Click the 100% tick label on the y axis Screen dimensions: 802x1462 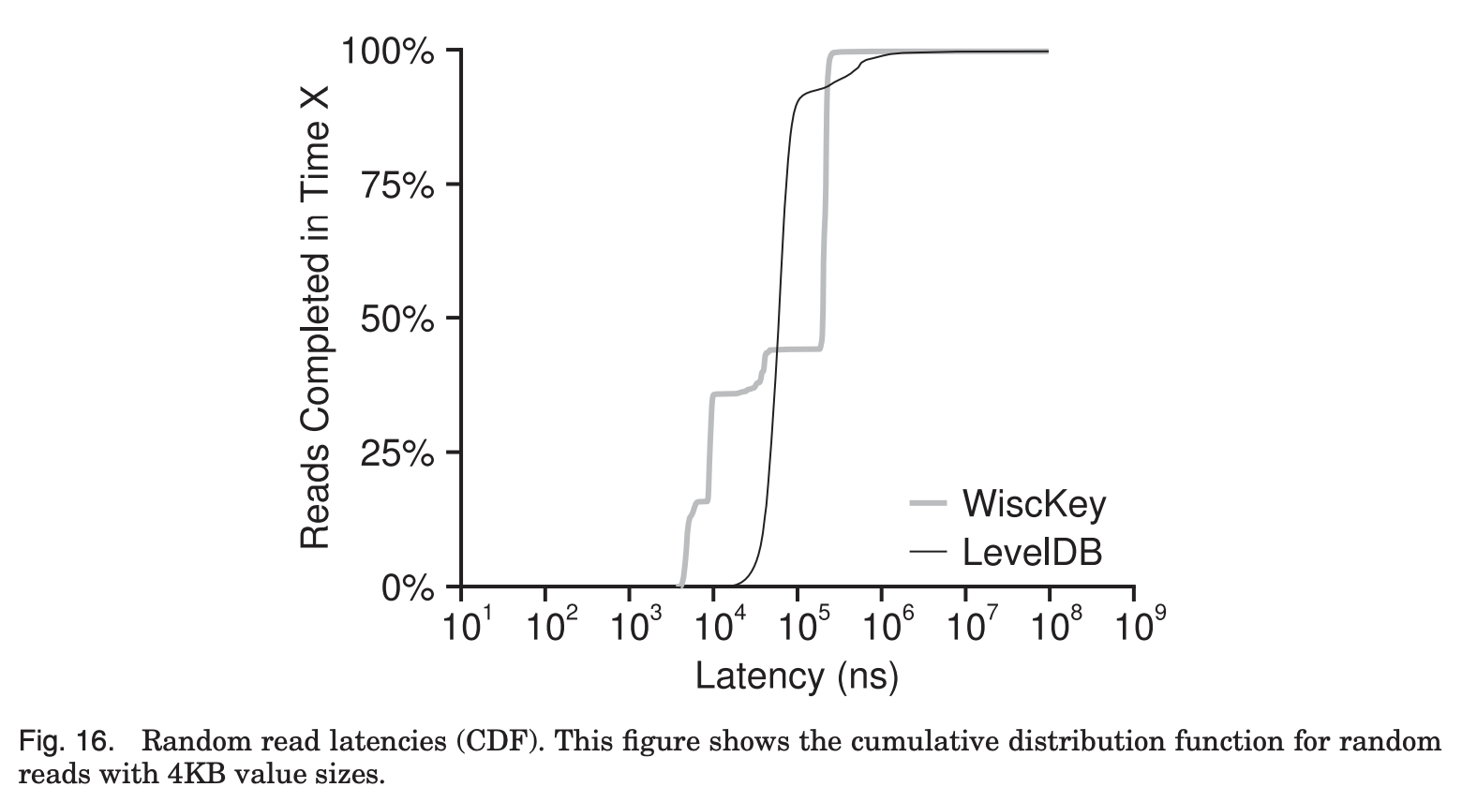point(388,51)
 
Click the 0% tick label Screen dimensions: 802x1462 point(408,588)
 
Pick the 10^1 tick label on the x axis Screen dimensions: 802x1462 point(465,624)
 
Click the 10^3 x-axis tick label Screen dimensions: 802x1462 point(633,624)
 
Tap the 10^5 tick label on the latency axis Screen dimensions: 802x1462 point(801,624)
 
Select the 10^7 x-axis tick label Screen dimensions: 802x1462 point(969,624)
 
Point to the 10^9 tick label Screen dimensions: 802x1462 point(1137,624)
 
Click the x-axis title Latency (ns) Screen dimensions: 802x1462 point(797,675)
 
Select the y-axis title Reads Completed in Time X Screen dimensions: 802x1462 point(315,319)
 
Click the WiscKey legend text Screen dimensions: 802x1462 point(1034,504)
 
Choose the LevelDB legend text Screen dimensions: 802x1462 point(1032,553)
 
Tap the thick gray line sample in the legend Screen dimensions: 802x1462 point(930,505)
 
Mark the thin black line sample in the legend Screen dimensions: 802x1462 point(930,553)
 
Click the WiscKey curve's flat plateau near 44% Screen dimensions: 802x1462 point(797,349)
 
